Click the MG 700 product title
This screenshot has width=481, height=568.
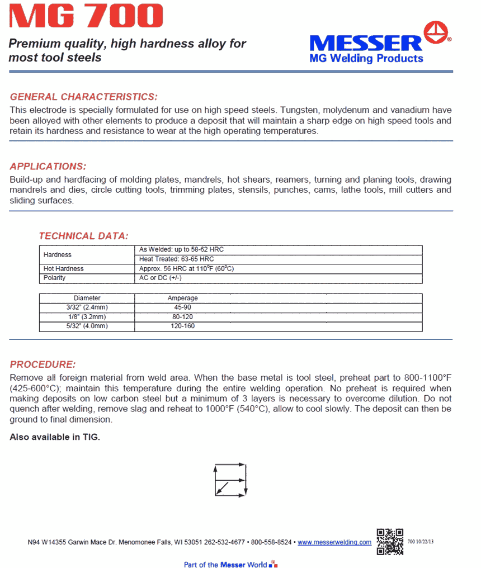click(87, 16)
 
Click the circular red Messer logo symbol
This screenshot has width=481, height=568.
click(438, 34)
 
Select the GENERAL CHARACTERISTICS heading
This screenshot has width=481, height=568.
click(84, 97)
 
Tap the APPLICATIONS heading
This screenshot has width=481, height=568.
click(48, 167)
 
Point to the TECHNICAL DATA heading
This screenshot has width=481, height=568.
click(83, 236)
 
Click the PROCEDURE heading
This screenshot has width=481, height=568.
click(43, 365)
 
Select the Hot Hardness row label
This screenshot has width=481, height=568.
click(64, 269)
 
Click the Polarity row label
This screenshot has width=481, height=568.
click(55, 278)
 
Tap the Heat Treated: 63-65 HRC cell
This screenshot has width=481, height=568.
click(176, 259)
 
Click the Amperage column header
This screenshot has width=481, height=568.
click(182, 299)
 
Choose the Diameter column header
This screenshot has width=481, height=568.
click(87, 299)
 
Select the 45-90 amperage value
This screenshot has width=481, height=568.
click(182, 307)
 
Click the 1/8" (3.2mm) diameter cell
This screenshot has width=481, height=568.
click(87, 316)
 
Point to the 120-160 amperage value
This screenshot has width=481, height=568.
click(182, 326)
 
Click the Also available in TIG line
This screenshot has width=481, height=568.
click(55, 437)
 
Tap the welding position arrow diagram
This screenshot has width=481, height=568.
click(230, 479)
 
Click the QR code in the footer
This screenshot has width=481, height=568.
click(390, 541)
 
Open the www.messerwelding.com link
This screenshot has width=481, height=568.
click(334, 542)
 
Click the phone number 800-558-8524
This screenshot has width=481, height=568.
click(271, 542)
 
